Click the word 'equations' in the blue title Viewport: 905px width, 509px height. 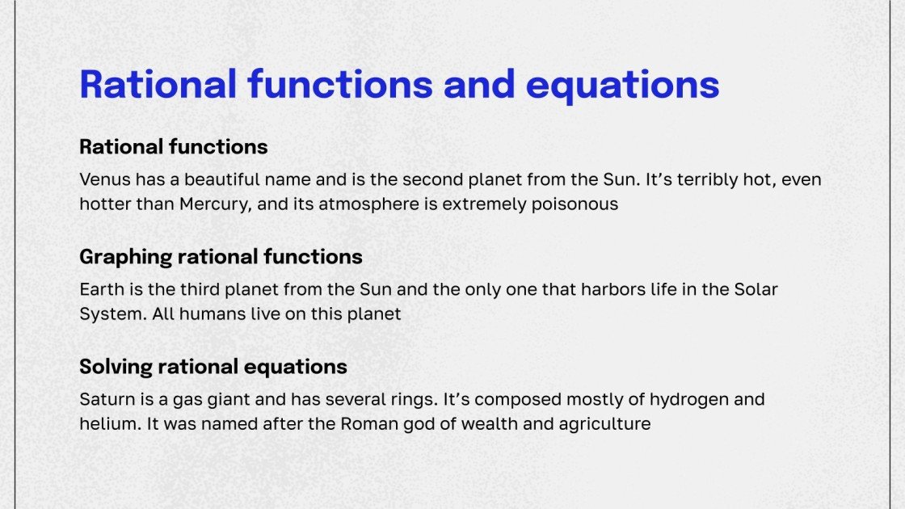click(622, 86)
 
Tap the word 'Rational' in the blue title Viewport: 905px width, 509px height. click(158, 84)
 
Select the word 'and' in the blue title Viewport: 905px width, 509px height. click(479, 84)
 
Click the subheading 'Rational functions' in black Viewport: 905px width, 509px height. click(173, 146)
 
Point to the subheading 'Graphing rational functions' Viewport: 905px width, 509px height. click(221, 257)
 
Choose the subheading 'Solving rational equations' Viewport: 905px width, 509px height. click(213, 367)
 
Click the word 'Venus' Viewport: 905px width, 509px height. click(105, 179)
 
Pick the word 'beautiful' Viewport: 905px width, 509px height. click(222, 179)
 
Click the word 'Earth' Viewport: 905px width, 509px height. click(102, 289)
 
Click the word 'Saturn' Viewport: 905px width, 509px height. click(106, 399)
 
